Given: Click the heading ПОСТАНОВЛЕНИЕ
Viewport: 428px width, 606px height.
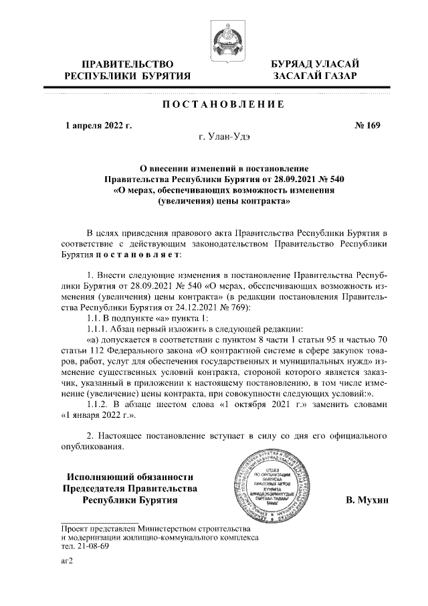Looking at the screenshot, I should click(223, 104).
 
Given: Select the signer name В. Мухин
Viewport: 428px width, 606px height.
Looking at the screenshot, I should click(366, 500).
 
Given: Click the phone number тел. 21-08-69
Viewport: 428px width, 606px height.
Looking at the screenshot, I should click(85, 546).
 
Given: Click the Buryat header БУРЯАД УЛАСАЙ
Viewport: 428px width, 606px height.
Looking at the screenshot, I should click(315, 64).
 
